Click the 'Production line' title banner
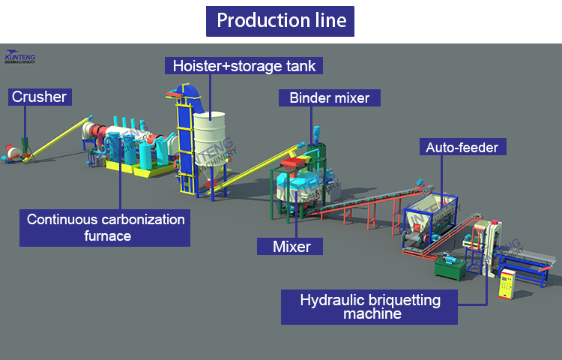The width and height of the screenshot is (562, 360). pyautogui.click(x=280, y=21)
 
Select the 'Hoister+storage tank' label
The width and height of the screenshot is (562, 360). pyautogui.click(x=244, y=65)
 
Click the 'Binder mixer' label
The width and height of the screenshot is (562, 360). pyautogui.click(x=330, y=97)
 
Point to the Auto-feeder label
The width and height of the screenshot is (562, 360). pyautogui.click(x=462, y=147)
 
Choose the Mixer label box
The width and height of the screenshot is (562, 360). pyautogui.click(x=291, y=245)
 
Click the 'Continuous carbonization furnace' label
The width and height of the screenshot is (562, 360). pyautogui.click(x=105, y=227)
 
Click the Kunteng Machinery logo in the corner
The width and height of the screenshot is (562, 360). pyautogui.click(x=24, y=56)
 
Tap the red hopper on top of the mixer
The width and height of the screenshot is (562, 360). pyautogui.click(x=294, y=163)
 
